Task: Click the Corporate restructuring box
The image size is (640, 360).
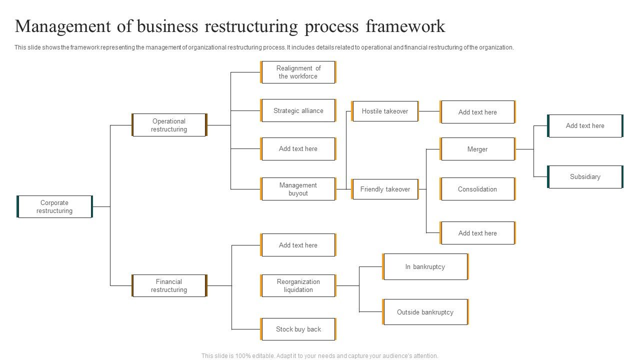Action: [54, 206]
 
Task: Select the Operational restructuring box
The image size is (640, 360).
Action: [169, 125]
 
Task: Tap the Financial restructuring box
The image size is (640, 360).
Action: [169, 285]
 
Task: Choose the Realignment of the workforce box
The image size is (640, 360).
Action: [298, 72]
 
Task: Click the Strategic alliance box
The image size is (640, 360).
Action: [298, 110]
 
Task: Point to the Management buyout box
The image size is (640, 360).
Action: [298, 189]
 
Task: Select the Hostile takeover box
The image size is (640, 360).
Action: [384, 111]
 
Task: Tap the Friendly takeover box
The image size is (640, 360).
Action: [384, 189]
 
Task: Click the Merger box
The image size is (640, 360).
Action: [477, 149]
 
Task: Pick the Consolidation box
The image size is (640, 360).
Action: [477, 189]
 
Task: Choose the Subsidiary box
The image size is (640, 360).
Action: [585, 176]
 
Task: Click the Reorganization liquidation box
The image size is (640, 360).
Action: [298, 285]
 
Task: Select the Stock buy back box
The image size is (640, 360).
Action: [298, 329]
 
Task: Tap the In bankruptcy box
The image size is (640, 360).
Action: [425, 266]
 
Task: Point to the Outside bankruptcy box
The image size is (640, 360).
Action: [425, 312]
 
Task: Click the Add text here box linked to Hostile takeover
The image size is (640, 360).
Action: [477, 112]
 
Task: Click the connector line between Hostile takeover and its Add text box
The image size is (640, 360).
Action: [429, 111]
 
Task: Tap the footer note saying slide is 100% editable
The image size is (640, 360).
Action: [320, 356]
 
